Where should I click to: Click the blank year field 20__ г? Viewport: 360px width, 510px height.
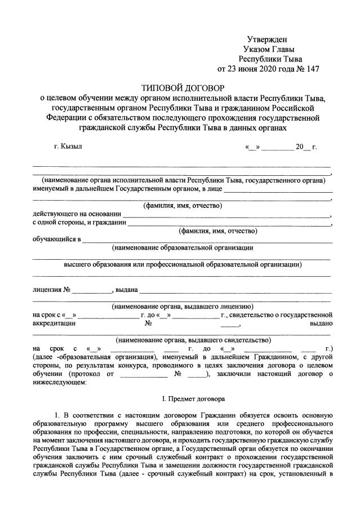(x=306, y=147)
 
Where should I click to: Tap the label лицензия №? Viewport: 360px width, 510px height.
(x=51, y=290)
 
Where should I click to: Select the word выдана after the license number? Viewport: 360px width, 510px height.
(x=126, y=290)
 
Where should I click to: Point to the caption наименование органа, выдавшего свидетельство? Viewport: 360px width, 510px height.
(x=193, y=340)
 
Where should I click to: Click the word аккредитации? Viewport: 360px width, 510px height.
(x=54, y=323)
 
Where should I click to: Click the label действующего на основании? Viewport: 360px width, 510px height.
(x=77, y=214)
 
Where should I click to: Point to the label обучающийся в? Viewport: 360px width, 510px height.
(x=57, y=239)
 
